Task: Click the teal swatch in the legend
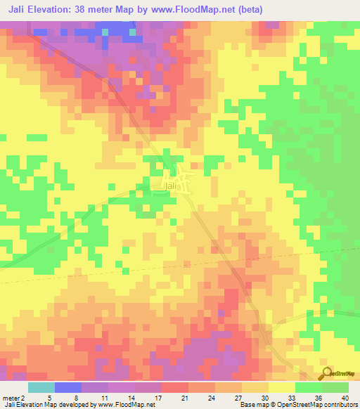pos(41,387)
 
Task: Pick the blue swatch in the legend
pos(67,387)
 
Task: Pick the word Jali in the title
pos(20,10)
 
